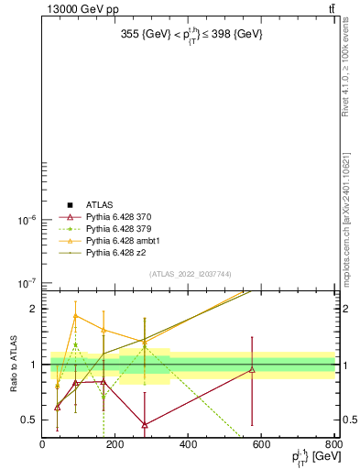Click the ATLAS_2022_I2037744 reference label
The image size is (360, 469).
point(191,274)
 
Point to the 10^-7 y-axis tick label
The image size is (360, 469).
point(24,283)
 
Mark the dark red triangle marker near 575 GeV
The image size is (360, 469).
point(252,370)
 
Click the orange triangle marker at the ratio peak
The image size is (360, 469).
point(76,316)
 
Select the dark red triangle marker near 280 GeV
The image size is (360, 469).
point(145,424)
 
